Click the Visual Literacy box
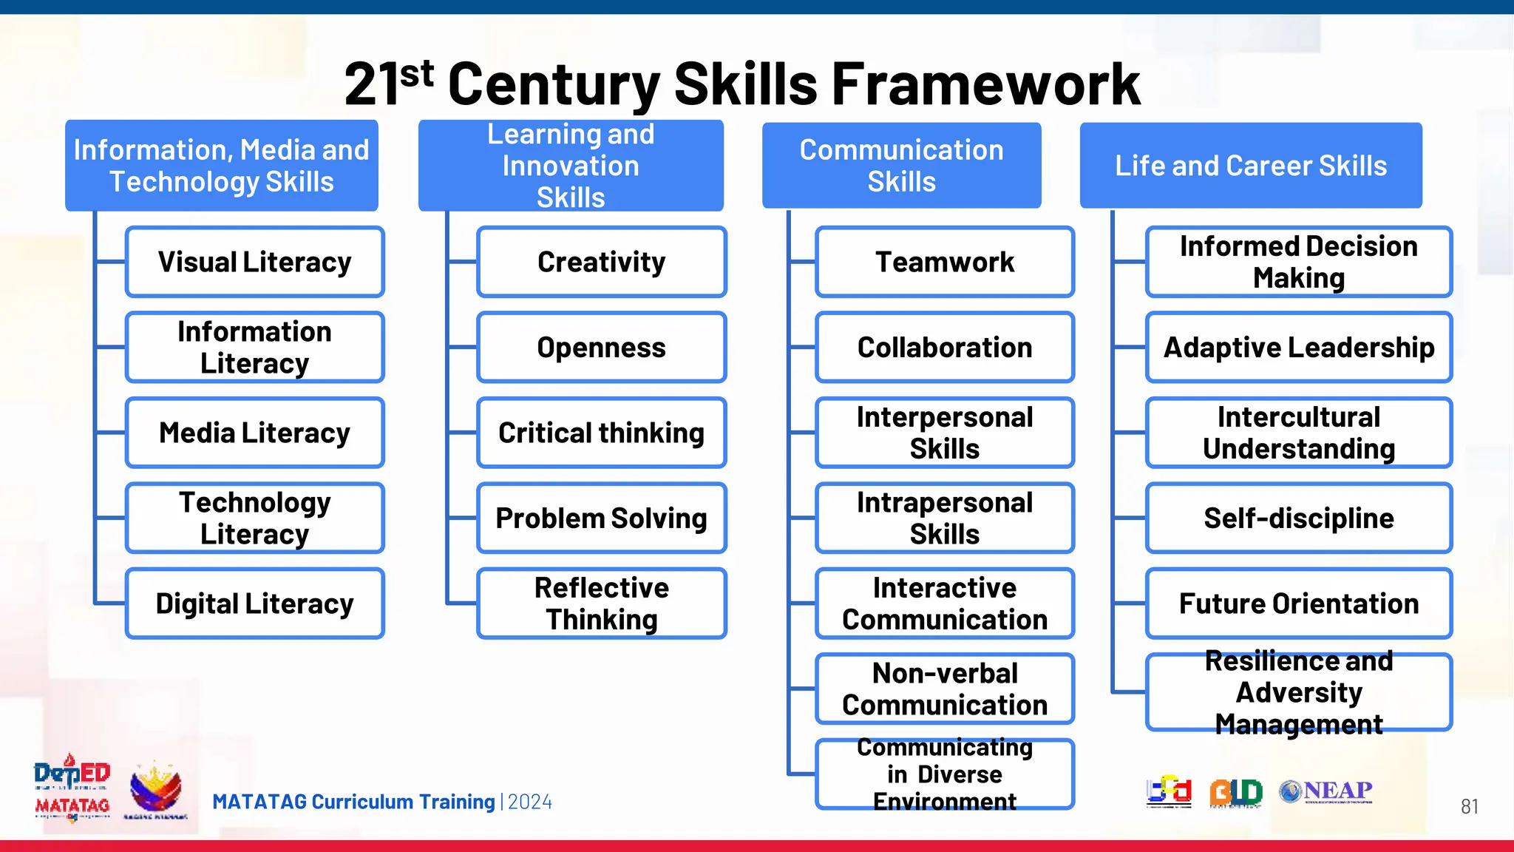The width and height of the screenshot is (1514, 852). point(254,262)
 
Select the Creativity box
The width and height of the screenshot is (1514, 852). point(601,262)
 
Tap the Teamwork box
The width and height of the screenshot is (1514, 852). point(944,262)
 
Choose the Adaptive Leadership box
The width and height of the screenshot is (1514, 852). point(1298,348)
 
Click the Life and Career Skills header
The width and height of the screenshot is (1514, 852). point(1250,166)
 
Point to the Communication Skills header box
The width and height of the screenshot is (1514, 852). point(901,166)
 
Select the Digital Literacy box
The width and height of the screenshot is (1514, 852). point(254,603)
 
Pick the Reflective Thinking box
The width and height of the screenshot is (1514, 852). point(601,603)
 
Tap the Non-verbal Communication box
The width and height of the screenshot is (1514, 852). point(944,689)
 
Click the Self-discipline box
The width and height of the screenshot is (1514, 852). point(1298,518)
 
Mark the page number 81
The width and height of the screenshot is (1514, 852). point(1469,806)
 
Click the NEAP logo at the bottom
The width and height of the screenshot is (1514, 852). point(1326,791)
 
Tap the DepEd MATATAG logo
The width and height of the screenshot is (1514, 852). point(72,788)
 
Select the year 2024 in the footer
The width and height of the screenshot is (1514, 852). point(530,802)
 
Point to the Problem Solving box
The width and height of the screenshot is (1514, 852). point(601,518)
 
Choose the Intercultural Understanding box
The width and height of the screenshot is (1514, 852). point(1298,433)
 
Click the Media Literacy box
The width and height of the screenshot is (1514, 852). point(254,433)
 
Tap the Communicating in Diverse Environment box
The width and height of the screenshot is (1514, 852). point(944,774)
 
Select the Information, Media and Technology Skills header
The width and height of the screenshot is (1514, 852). point(221,166)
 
